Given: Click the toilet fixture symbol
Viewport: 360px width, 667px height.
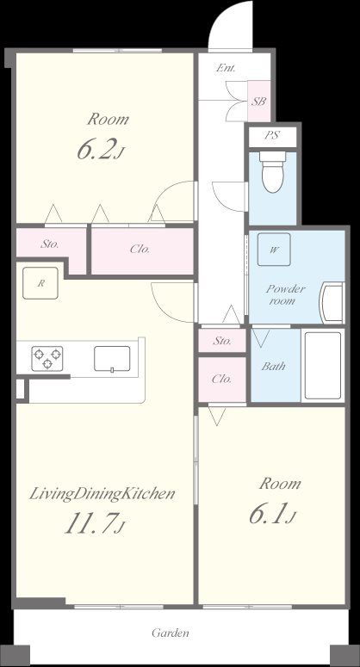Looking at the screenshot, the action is tap(273, 172).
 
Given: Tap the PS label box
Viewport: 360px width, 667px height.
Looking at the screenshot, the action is tap(272, 136).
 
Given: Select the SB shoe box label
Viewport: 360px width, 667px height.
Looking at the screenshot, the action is tap(258, 102).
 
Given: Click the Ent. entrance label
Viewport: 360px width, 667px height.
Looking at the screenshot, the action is tap(226, 68).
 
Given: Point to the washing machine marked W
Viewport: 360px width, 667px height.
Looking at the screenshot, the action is tap(274, 250).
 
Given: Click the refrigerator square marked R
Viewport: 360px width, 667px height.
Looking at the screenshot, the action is tap(40, 283).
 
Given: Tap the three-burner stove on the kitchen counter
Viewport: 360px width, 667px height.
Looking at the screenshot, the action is tap(47, 359).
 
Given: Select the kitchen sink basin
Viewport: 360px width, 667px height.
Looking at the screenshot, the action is tap(112, 360).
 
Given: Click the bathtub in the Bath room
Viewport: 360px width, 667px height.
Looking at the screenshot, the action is tap(323, 366).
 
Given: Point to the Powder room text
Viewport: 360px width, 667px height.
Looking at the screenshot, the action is tap(286, 295).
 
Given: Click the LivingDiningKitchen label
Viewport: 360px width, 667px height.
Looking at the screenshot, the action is tap(102, 494).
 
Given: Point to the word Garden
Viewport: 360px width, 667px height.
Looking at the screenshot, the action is tap(171, 633).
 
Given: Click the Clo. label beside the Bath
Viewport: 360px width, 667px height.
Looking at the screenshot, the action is tap(221, 379).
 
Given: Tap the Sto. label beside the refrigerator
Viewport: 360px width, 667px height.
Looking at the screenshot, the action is tap(50, 244).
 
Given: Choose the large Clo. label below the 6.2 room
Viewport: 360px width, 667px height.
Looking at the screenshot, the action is tap(140, 250).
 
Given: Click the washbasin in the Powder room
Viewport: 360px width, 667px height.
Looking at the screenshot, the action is tap(332, 303).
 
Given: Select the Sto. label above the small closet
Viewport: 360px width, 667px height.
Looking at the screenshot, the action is tap(222, 341).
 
